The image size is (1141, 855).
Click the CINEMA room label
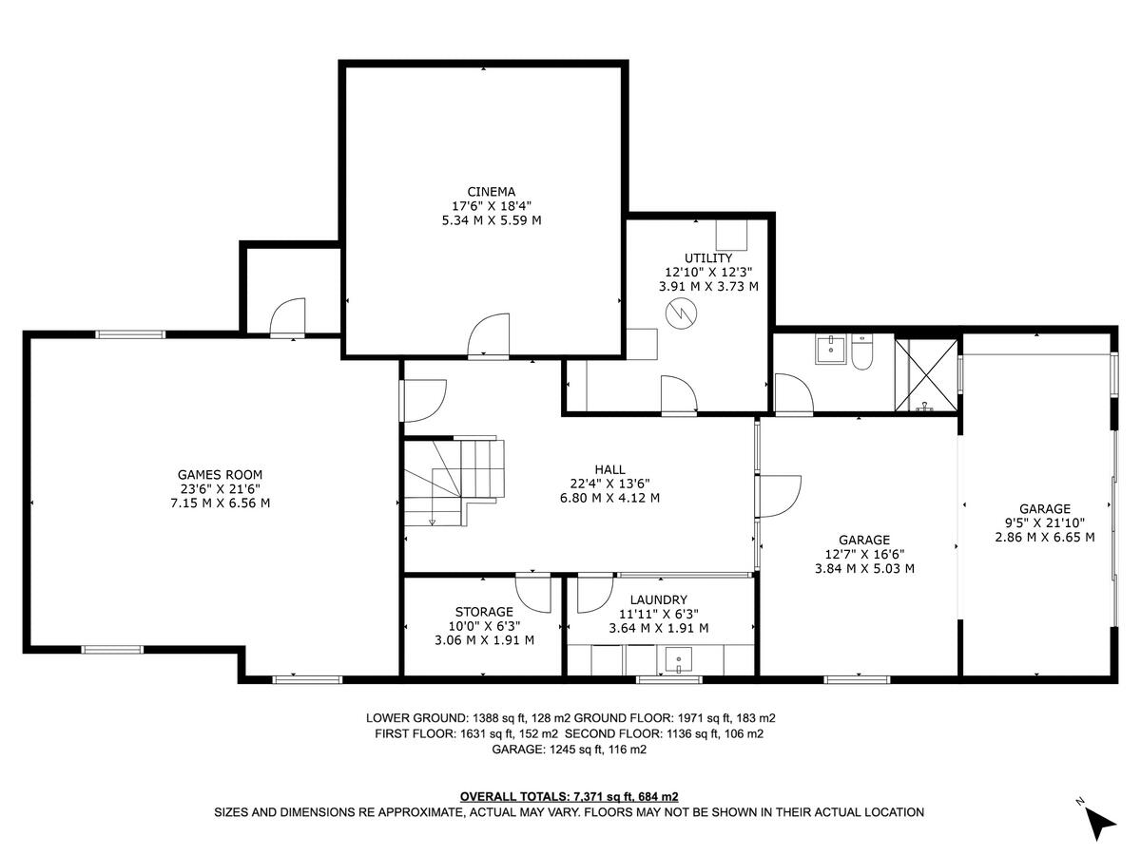484,191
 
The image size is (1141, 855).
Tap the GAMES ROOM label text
220,475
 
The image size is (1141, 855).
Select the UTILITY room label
708,257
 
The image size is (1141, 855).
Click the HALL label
609,469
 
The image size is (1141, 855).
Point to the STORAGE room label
484,612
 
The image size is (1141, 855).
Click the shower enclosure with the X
927,374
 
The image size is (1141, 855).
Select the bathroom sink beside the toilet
832,350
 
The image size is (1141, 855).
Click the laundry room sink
679,658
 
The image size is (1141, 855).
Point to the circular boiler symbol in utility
680,313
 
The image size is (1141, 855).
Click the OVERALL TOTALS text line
569,796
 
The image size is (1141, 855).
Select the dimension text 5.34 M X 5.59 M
484,220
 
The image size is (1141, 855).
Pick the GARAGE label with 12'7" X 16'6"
863,539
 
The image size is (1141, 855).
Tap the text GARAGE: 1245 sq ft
569,750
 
